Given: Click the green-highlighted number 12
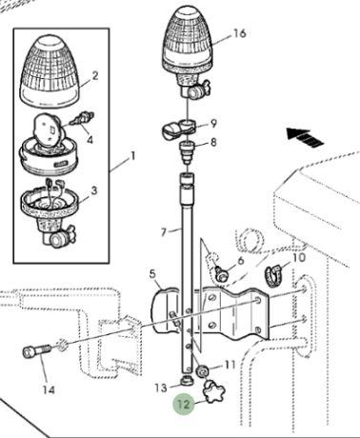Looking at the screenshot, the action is pyautogui.click(x=184, y=404).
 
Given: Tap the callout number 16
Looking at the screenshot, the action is pyautogui.click(x=240, y=33).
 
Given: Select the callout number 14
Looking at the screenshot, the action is pyautogui.click(x=49, y=389).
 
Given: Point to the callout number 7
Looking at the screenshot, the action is pyautogui.click(x=164, y=232).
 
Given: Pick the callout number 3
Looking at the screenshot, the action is pyautogui.click(x=94, y=190).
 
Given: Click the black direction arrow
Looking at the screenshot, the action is pyautogui.click(x=305, y=137).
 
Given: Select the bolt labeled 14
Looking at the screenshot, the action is pyautogui.click(x=37, y=351).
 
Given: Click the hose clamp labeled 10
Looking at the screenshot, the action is pyautogui.click(x=274, y=275).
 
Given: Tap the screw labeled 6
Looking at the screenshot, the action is pyautogui.click(x=221, y=273).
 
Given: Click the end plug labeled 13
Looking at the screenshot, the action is pyautogui.click(x=187, y=380).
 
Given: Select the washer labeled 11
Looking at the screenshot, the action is pyautogui.click(x=202, y=370).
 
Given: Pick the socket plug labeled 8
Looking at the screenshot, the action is pyautogui.click(x=188, y=151).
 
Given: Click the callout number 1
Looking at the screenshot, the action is pyautogui.click(x=133, y=156).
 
